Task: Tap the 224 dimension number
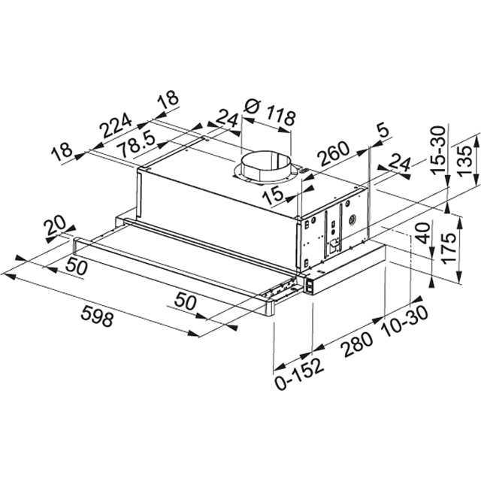(119, 128)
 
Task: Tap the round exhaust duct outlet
(263, 165)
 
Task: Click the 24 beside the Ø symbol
(225, 118)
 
